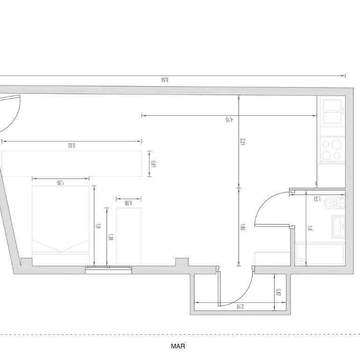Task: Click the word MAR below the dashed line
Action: click(178, 346)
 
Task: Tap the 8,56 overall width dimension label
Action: click(165, 80)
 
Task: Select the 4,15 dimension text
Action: click(229, 120)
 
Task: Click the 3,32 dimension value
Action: click(72, 145)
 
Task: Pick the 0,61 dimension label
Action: click(153, 164)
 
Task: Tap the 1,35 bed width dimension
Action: click(60, 182)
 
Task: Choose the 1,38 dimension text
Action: click(110, 237)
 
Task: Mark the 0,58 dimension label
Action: click(128, 203)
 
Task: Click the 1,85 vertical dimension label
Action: click(242, 227)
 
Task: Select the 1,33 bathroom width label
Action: click(317, 199)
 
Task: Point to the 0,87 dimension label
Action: click(278, 292)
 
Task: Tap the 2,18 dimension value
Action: click(240, 306)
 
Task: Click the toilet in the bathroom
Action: click(335, 203)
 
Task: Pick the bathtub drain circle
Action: click(301, 260)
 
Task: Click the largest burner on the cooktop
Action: click(337, 144)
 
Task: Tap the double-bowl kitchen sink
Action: click(332, 112)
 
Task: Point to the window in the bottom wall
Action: click(108, 270)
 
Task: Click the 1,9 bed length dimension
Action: click(98, 226)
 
